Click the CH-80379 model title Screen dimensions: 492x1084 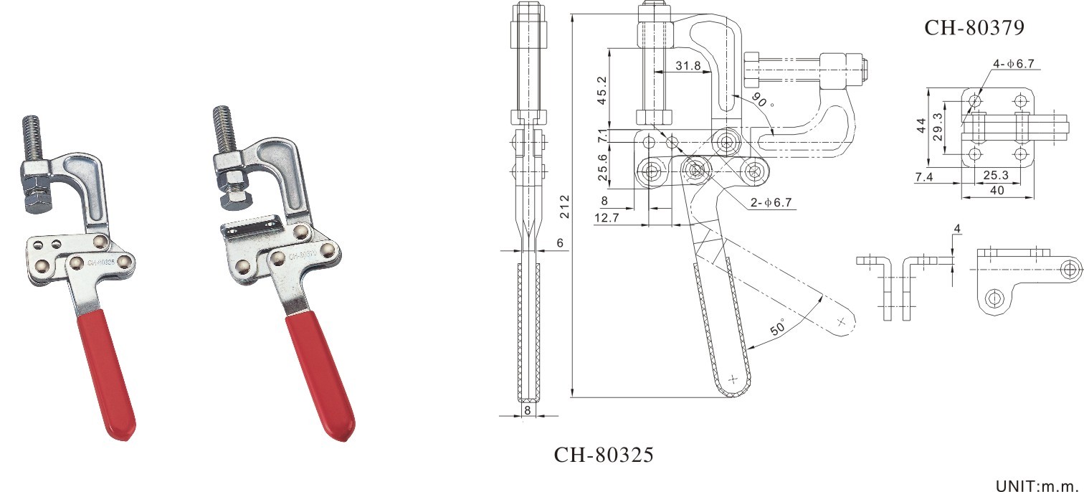point(974,27)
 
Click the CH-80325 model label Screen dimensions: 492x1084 point(604,455)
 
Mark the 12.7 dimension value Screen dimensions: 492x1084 point(607,217)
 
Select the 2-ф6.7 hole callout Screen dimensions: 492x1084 point(771,203)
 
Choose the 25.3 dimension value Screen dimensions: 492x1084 point(996,175)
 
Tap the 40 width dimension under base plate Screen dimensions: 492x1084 point(996,190)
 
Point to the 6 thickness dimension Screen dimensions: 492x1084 point(560,244)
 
